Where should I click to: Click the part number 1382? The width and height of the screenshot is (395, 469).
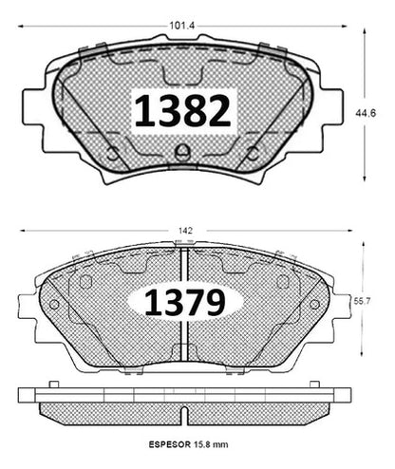[182, 111]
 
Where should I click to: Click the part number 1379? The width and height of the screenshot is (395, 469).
[185, 302]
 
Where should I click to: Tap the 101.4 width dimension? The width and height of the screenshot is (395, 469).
[181, 26]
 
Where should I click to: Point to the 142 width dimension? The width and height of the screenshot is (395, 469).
[185, 231]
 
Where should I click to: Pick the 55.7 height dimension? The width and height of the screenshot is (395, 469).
[362, 301]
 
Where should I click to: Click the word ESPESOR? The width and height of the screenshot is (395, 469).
[169, 444]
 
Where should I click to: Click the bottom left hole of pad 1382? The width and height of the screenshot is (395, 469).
[112, 155]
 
